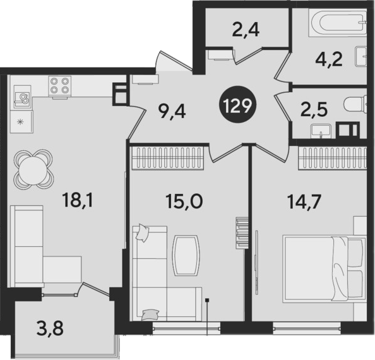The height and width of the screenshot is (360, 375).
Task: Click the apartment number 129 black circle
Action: (237, 105)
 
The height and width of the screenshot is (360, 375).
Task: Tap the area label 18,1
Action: (78, 200)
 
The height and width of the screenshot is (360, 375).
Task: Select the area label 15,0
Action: (184, 201)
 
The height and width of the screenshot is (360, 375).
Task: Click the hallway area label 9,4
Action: (172, 111)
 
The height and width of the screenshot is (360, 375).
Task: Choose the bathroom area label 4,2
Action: (329, 59)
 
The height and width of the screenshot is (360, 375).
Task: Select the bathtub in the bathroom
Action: (338, 23)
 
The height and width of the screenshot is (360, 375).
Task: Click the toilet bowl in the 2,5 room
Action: (355, 104)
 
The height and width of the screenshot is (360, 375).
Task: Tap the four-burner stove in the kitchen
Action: (60, 87)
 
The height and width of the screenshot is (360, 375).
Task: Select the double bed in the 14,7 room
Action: (324, 268)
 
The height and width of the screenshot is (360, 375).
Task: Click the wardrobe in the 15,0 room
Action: (167, 158)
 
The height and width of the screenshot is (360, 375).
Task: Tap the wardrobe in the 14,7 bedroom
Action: (333, 158)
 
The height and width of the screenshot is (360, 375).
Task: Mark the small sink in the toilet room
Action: (321, 131)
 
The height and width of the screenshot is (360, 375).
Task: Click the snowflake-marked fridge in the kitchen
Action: (21, 122)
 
